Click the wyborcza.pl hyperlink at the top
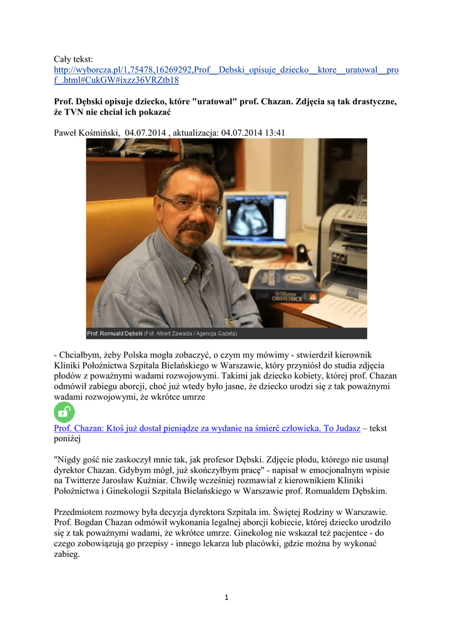(x=226, y=69)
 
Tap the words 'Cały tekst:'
(x=73, y=58)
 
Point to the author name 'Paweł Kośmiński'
(x=87, y=132)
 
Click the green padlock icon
(x=64, y=412)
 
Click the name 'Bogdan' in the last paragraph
(x=91, y=522)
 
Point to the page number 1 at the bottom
(x=227, y=597)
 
